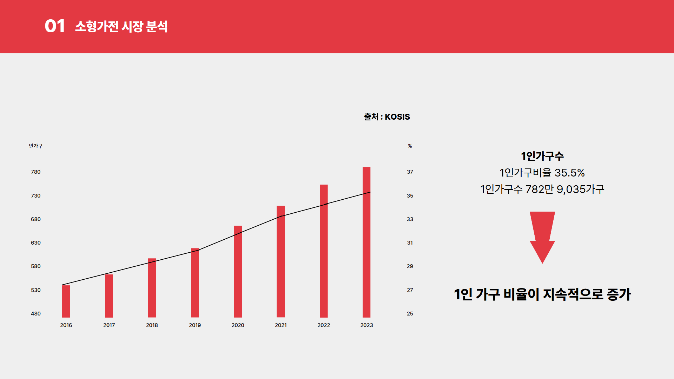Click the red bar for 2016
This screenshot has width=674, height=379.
point(66,301)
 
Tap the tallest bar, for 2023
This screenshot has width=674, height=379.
point(366,242)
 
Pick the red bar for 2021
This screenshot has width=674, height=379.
point(280,261)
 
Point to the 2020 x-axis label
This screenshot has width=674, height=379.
point(238,325)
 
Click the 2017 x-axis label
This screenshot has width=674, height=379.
point(109,325)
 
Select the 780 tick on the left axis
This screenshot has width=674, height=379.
point(36,172)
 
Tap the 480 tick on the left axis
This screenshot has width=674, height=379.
point(36,314)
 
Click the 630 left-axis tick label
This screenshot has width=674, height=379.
point(36,243)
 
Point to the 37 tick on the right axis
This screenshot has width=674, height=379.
point(410,172)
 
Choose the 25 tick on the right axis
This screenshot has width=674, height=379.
point(410,314)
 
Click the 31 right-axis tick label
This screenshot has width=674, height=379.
point(410,243)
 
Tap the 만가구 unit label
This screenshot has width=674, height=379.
point(35,146)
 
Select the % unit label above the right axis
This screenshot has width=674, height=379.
point(410,146)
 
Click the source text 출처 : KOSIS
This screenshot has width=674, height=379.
point(387,117)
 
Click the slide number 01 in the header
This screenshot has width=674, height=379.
point(55,26)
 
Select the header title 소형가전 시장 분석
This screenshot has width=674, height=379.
point(121,26)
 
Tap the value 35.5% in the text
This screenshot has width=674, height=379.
point(569,173)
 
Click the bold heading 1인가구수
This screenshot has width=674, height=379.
point(542,156)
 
